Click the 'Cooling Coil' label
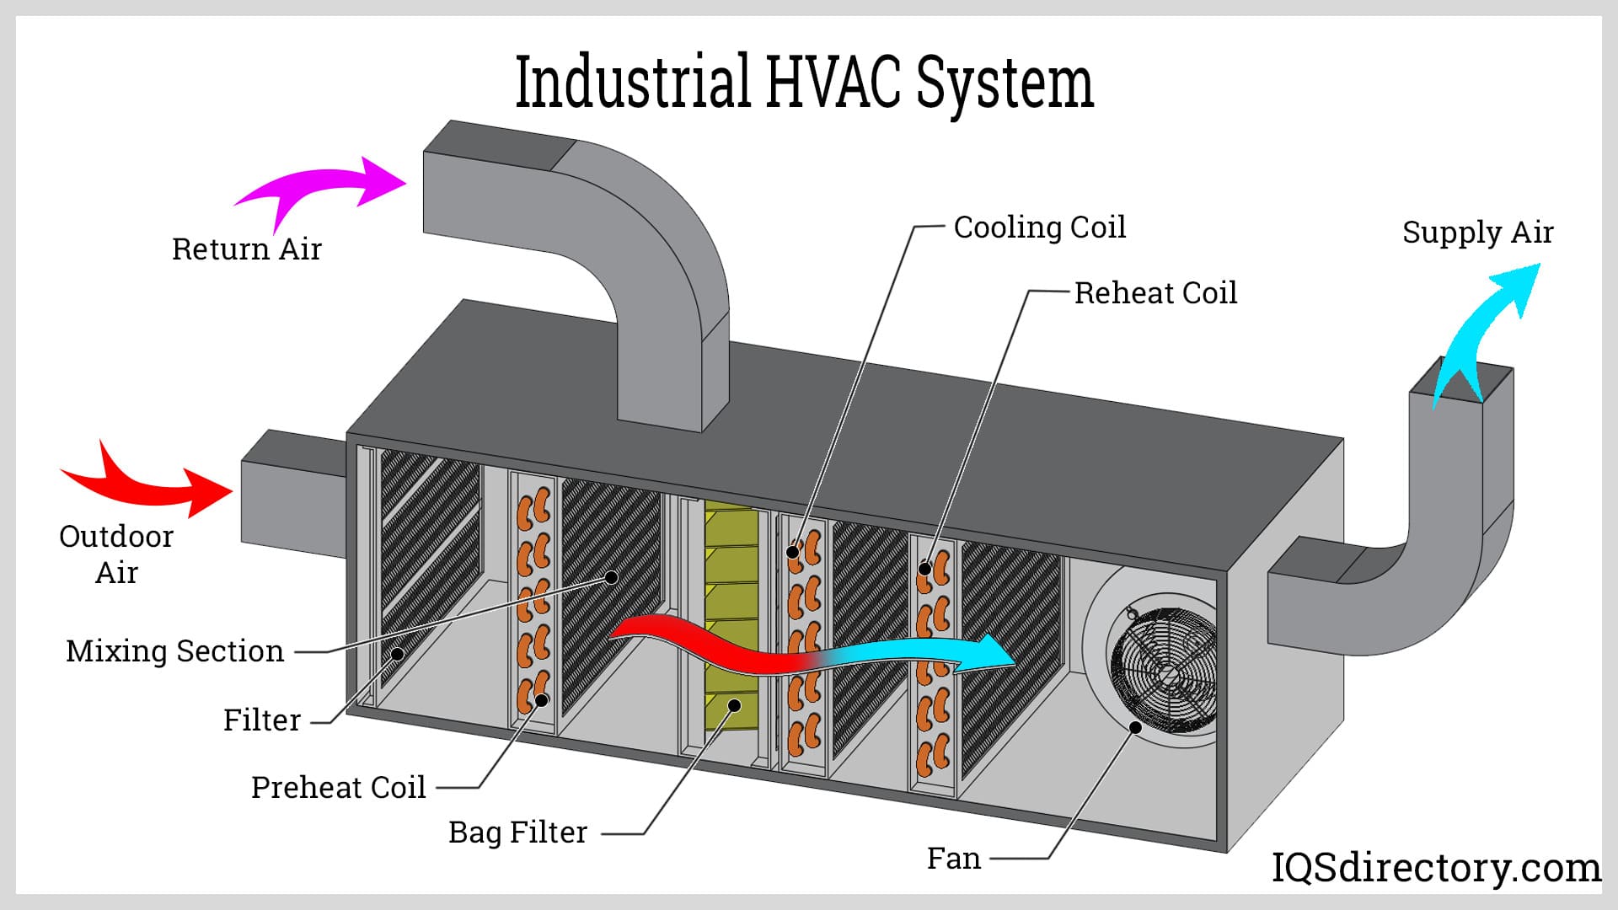tap(1039, 227)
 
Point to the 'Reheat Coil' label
tap(1155, 293)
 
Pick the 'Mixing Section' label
tap(175, 651)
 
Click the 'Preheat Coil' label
tap(339, 788)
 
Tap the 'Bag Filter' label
tap(517, 832)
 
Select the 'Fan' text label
tap(954, 859)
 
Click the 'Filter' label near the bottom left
tap(262, 720)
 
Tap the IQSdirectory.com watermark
tap(1436, 868)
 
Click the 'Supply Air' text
tap(1477, 233)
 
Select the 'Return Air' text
tap(247, 249)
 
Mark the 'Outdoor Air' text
tap(116, 554)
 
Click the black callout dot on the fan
tap(1136, 727)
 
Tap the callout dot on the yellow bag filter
tap(735, 704)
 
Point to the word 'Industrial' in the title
tap(632, 82)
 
